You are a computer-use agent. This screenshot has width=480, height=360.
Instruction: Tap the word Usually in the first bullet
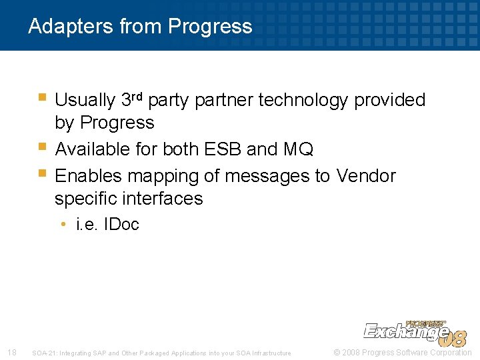click(85, 100)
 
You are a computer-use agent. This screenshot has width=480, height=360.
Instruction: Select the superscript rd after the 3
click(138, 97)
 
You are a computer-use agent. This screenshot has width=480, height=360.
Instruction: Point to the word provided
click(389, 100)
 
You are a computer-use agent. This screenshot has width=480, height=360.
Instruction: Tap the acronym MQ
click(298, 149)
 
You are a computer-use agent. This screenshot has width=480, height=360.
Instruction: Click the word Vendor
click(365, 176)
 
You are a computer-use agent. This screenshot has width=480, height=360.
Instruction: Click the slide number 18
click(11, 352)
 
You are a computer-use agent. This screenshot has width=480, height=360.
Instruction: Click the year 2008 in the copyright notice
click(352, 352)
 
